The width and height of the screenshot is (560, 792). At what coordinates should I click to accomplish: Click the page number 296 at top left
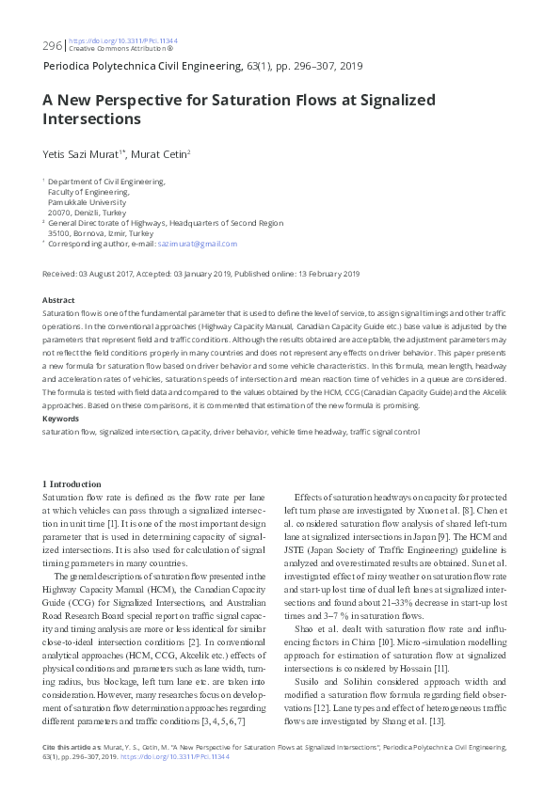tap(52, 45)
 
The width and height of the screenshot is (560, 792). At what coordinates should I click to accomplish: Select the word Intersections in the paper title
tap(91, 119)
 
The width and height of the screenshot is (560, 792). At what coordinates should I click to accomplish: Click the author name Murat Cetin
tap(160, 153)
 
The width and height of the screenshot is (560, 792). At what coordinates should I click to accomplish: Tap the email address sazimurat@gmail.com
tap(203, 244)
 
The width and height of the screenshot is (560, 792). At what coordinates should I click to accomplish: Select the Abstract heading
tap(59, 300)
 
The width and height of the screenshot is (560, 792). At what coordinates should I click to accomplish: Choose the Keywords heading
tap(62, 419)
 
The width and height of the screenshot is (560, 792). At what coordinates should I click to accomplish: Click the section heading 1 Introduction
tap(79, 484)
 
